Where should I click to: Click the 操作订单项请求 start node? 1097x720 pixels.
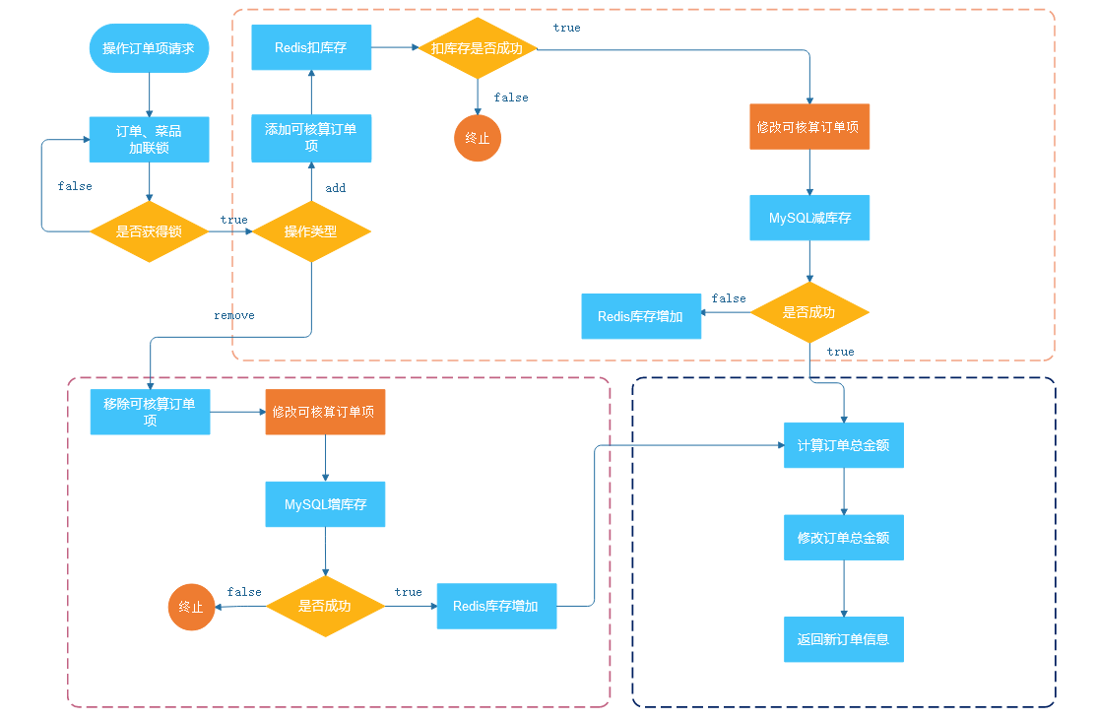tap(149, 48)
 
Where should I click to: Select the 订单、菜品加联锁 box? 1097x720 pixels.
tap(149, 139)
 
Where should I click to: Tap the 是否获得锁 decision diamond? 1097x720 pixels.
tap(149, 231)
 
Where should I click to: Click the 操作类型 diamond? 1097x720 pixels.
tap(311, 231)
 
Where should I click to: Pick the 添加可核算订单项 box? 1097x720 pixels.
tap(311, 138)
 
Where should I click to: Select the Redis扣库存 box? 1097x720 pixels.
tap(311, 47)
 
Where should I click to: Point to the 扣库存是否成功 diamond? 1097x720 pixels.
tap(478, 48)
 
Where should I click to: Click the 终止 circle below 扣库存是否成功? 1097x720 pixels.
tap(478, 138)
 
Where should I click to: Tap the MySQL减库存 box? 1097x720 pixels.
tap(809, 218)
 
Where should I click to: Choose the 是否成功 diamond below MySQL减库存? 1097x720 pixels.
tap(809, 312)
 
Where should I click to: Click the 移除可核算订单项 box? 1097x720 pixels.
tap(150, 412)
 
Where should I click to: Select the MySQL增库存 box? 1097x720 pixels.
tap(325, 503)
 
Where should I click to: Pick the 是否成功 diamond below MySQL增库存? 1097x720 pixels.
tap(325, 606)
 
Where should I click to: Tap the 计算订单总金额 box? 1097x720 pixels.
tap(844, 445)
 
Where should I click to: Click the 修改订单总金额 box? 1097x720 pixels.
tap(844, 538)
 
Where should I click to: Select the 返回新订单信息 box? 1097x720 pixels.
tap(844, 639)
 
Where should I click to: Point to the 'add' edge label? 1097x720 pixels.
tap(336, 187)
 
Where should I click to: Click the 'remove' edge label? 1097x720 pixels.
tap(234, 315)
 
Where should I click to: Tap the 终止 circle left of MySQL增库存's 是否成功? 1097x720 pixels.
tap(192, 607)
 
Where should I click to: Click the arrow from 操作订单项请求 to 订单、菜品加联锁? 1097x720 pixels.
tap(149, 95)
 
